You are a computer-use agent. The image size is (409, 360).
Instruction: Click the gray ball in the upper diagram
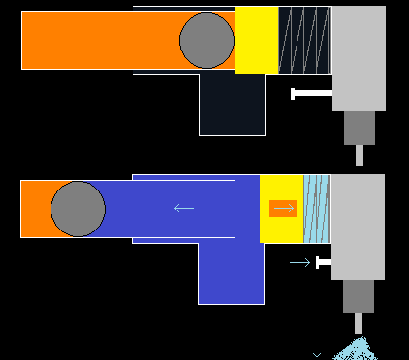click(206, 40)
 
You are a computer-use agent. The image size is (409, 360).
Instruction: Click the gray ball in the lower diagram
click(78, 209)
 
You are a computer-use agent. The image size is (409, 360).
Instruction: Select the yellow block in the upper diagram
click(256, 40)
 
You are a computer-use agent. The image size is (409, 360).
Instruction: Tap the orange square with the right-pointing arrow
click(283, 208)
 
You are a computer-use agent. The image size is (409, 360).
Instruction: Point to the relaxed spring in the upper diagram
click(304, 40)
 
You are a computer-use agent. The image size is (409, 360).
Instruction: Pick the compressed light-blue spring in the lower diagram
click(316, 209)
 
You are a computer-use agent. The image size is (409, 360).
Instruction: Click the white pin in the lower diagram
click(323, 262)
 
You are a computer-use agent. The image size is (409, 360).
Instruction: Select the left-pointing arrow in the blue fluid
click(184, 208)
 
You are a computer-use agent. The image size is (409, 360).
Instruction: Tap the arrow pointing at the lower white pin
click(299, 262)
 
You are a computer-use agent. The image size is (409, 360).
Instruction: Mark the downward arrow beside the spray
click(317, 348)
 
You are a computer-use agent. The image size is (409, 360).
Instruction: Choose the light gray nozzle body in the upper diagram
click(358, 57)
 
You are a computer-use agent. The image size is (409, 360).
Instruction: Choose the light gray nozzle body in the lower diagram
click(358, 227)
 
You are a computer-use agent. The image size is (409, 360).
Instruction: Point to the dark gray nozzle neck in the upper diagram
click(358, 128)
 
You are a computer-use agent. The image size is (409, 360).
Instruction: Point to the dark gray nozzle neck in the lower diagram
click(358, 296)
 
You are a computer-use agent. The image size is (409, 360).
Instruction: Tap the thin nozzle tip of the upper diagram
click(359, 154)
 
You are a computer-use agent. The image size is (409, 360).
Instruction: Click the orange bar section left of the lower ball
click(35, 209)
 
